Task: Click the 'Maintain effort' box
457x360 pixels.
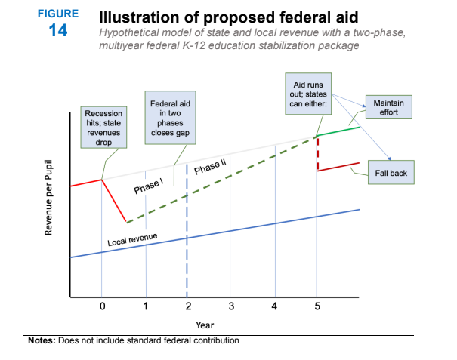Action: (x=388, y=107)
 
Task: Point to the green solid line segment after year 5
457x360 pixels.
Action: (x=338, y=131)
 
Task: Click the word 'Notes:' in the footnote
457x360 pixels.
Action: (x=44, y=340)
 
